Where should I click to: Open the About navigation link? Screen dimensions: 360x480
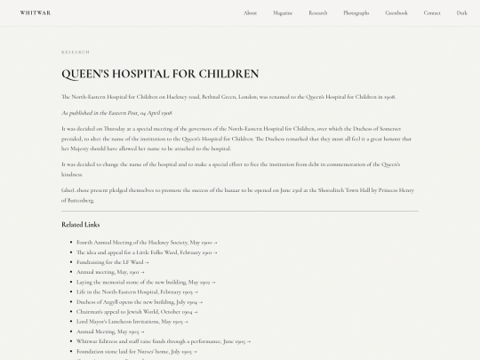pyautogui.click(x=251, y=12)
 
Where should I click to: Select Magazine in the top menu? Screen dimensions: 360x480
pyautogui.click(x=283, y=12)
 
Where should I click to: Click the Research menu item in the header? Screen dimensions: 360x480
pyautogui.click(x=318, y=12)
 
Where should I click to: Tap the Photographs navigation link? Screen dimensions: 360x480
pyautogui.click(x=356, y=12)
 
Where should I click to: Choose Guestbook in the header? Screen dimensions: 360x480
pyautogui.click(x=396, y=12)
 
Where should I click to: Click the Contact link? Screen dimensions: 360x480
pyautogui.click(x=432, y=12)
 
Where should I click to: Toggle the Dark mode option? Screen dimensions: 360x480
pyautogui.click(x=462, y=12)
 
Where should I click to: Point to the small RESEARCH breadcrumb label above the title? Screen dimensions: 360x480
pyautogui.click(x=76, y=52)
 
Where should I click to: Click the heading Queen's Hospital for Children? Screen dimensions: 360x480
pyautogui.click(x=160, y=74)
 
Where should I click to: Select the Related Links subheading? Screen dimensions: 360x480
pyautogui.click(x=81, y=224)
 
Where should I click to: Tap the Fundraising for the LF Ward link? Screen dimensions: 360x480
pyautogui.click(x=113, y=261)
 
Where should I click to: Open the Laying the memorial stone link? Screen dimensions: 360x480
pyautogui.click(x=146, y=282)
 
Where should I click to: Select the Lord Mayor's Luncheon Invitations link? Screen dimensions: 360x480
pyautogui.click(x=133, y=321)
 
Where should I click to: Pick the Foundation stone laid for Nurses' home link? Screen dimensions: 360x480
pyautogui.click(x=135, y=351)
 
